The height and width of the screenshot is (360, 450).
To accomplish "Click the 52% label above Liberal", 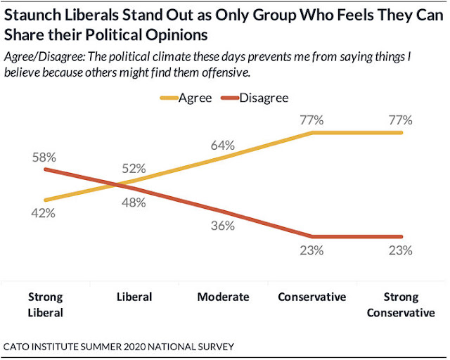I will (x=133, y=168).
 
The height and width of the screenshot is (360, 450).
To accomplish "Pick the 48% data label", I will (x=133, y=202).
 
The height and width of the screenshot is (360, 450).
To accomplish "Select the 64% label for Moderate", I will (x=222, y=146).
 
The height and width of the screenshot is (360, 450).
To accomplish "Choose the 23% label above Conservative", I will (x=311, y=250).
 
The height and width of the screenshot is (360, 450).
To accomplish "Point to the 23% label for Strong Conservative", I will (x=400, y=250).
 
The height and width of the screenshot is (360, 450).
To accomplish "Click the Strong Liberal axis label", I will (x=44, y=304).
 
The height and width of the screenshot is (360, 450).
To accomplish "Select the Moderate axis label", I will (x=223, y=297).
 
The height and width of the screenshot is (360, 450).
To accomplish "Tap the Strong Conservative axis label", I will (x=401, y=304).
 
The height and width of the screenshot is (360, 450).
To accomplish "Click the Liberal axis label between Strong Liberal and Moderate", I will (x=134, y=297).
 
